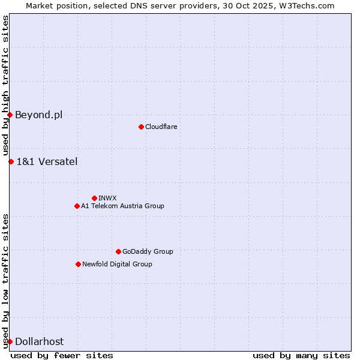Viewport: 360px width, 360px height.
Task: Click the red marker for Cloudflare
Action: tap(141, 127)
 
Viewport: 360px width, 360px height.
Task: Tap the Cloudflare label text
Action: tap(161, 127)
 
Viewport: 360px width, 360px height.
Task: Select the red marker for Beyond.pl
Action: tap(10, 115)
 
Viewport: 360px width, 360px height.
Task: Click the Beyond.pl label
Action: tap(38, 115)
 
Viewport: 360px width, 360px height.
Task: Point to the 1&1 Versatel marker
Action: tap(11, 161)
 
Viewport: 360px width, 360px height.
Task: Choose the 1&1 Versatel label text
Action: tap(47, 161)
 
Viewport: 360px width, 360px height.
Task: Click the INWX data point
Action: tap(94, 198)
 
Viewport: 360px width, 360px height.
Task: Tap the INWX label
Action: tap(107, 198)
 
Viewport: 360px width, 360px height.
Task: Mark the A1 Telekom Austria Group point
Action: tap(77, 206)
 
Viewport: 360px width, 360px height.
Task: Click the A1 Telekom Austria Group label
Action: tap(122, 206)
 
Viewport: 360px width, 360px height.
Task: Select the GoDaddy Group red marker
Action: tap(118, 251)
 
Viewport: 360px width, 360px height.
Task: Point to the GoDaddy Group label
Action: tap(148, 251)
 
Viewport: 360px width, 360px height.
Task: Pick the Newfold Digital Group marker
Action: tap(78, 264)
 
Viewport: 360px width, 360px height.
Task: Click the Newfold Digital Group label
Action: tap(117, 264)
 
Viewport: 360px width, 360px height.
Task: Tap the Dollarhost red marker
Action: tap(10, 341)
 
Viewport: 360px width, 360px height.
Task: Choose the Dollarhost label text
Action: tap(39, 341)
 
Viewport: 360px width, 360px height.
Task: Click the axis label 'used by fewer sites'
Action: tap(62, 355)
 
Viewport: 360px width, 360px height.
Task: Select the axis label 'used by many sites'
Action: tap(301, 355)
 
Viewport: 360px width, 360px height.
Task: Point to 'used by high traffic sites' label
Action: tap(6, 86)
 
